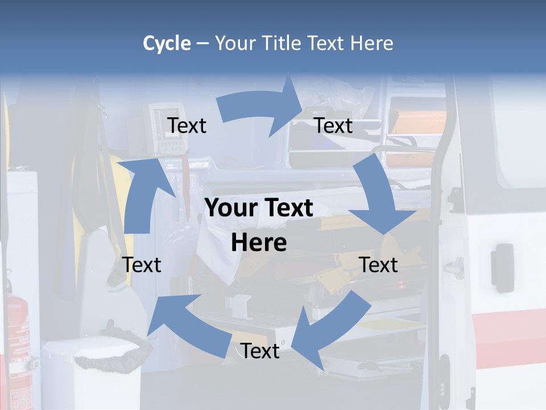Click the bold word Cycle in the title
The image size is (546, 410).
point(166,43)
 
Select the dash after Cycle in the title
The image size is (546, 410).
point(202,44)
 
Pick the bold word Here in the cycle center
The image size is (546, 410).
point(259,243)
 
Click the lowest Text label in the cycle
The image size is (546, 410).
point(260,351)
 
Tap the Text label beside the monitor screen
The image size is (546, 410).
point(187,125)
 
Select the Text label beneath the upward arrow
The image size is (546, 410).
point(142,264)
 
